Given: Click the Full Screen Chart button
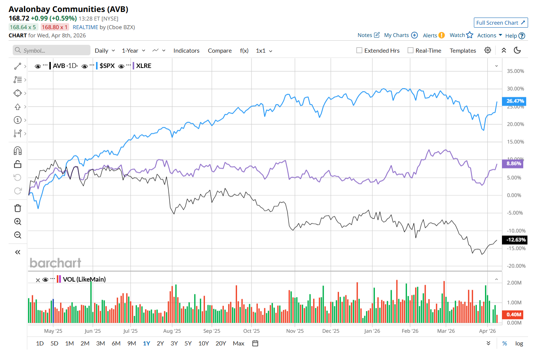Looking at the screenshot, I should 500,23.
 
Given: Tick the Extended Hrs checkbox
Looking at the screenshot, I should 360,50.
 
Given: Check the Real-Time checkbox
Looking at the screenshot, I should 410,50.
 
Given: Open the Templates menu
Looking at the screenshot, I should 463,51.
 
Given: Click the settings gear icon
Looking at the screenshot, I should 488,50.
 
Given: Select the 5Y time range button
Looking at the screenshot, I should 188,343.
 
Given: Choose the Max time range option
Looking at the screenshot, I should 238,343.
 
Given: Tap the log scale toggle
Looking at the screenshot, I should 519,344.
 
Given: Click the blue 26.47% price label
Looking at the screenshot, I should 515,101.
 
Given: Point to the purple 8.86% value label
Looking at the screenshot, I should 514,164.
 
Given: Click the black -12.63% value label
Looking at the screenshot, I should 515,240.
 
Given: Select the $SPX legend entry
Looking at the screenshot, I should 107,66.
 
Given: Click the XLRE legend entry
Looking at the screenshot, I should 144,66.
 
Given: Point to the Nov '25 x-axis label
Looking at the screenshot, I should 295,331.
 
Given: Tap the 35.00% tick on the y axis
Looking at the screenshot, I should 515,71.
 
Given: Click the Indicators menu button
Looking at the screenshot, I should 186,51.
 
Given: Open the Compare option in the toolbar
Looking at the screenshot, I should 220,51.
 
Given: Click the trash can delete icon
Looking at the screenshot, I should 18,208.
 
